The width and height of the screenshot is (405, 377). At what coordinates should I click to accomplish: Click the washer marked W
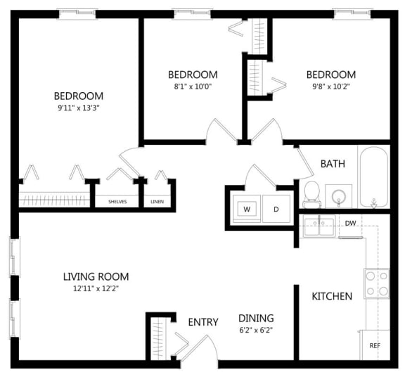pos(247,209)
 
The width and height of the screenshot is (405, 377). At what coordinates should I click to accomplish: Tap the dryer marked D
pos(276,209)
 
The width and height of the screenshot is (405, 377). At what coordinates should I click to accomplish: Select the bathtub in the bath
pos(374,177)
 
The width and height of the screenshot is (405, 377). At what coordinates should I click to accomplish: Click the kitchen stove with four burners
pos(376,283)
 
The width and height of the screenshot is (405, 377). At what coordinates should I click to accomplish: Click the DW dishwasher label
pos(350,224)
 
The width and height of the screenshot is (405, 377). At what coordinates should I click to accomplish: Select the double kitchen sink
pos(319,226)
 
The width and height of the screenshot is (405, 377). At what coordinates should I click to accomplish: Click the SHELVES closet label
pos(117,201)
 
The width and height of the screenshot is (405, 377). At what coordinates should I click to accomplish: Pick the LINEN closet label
pos(157,201)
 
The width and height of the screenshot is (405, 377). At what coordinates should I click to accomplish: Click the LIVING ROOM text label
pos(96,276)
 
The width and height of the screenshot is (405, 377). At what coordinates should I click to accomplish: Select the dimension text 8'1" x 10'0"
pos(192,87)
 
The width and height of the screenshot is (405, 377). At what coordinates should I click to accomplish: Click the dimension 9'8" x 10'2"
pos(330,87)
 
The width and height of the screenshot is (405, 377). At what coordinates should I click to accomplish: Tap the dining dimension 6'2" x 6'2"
pos(255,330)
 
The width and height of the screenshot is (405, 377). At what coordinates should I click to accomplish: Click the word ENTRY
pos(203,322)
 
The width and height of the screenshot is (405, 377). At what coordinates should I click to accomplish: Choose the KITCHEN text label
pos(332,296)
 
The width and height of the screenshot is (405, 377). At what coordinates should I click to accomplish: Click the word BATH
pos(333,164)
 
